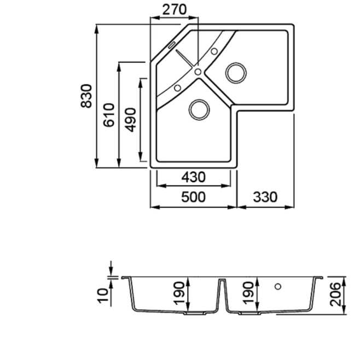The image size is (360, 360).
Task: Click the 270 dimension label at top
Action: pos(175,10)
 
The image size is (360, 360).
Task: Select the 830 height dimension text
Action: pos(86,96)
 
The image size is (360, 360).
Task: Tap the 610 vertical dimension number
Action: pos(108,115)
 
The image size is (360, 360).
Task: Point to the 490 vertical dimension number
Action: pos(131,120)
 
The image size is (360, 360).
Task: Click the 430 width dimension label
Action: pos(193,177)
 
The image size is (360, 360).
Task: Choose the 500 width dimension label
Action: pos(193,197)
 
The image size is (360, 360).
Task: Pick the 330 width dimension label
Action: pos(265,197)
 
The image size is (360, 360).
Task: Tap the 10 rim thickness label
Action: pos(103,295)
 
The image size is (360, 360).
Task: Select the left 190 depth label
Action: pos(179,294)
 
